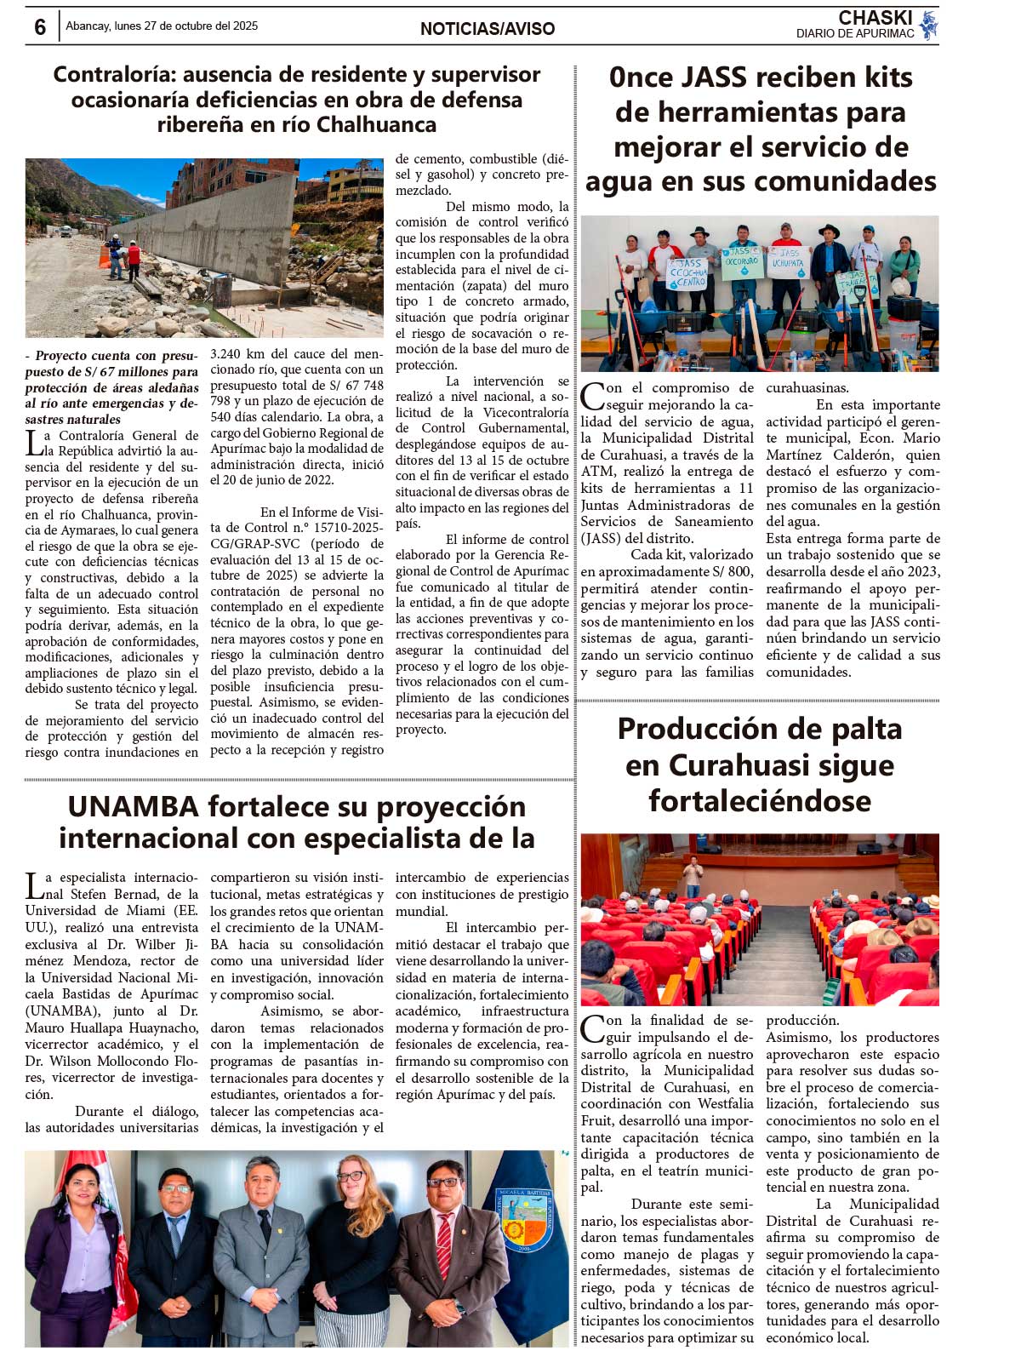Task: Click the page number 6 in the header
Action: [x=40, y=27]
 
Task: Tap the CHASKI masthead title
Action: [x=875, y=18]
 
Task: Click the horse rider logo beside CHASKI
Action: [x=928, y=25]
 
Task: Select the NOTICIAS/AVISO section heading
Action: [x=488, y=29]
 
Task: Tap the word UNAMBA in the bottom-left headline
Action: [x=133, y=806]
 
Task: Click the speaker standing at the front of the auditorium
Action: [x=693, y=876]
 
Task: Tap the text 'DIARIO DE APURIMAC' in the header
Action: [x=855, y=34]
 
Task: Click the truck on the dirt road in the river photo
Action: [x=66, y=231]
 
